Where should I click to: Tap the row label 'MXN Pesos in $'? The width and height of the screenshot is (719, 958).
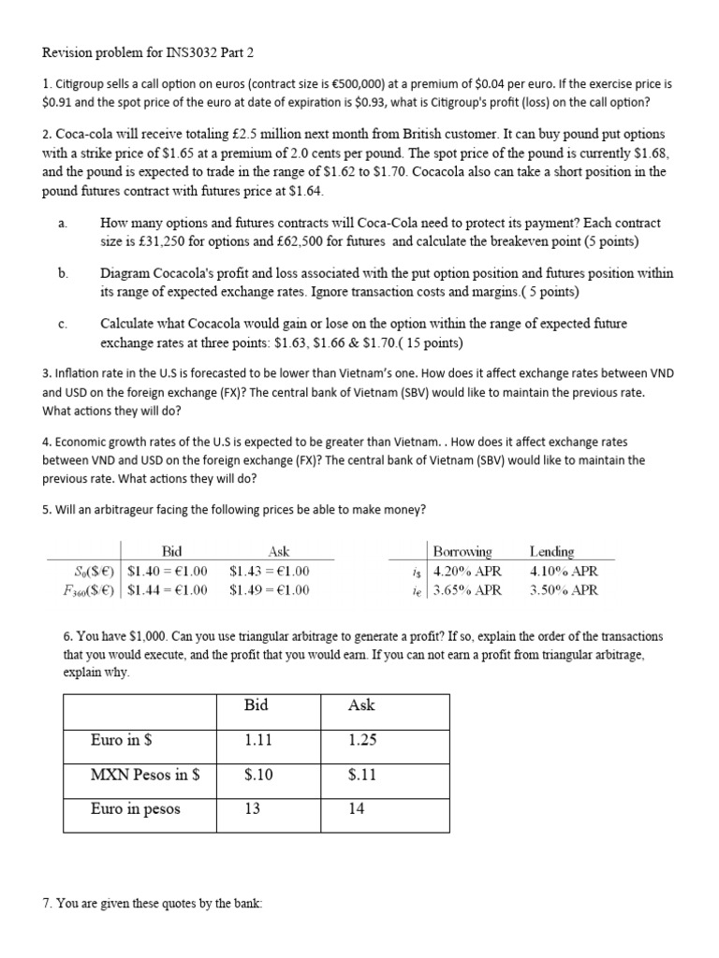click(x=139, y=775)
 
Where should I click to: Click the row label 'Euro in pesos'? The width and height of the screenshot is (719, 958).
click(x=136, y=809)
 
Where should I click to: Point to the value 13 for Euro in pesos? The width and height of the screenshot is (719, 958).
click(x=252, y=809)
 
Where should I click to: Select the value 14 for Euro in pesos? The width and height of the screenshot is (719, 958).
click(x=356, y=809)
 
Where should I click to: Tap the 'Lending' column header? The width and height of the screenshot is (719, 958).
click(x=551, y=552)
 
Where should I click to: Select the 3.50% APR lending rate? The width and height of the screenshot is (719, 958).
click(x=564, y=589)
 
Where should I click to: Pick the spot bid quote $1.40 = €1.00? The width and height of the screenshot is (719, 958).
click(x=168, y=571)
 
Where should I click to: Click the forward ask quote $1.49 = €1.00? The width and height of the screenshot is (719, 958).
click(x=269, y=589)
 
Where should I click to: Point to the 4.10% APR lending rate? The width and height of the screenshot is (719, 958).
click(x=564, y=571)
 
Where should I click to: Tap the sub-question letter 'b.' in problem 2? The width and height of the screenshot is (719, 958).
click(x=63, y=273)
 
